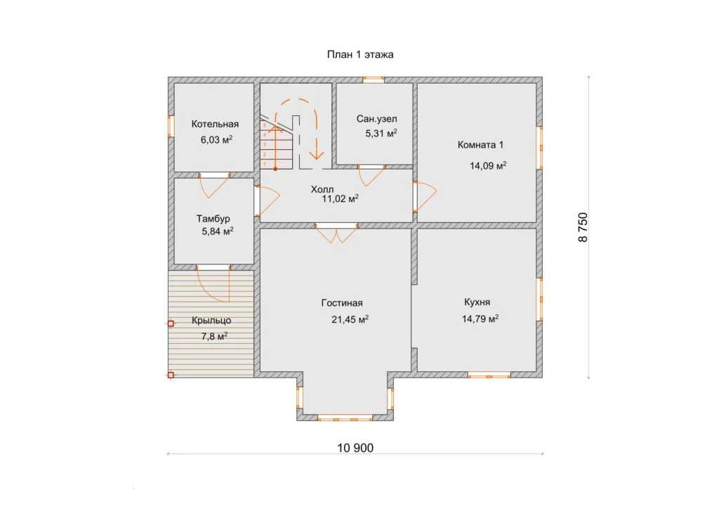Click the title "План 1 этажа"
pos(360,55)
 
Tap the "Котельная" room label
pos(215,124)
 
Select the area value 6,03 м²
pos(216,139)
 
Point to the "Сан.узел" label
pos(376,119)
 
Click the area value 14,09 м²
pos(488,165)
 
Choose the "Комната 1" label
pos(480,145)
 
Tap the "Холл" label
pos(322,189)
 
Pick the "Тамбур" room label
pos(213,219)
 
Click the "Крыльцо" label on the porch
pos(211,321)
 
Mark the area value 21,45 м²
pos(350,319)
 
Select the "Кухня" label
pos(477,302)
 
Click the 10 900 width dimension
pos(355,448)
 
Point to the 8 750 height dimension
pos(583,227)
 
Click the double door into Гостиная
pos(336,233)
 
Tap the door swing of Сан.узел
pos(371,176)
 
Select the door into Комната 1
pos(425,196)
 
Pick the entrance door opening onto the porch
pos(213,283)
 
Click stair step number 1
pos(265,164)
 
